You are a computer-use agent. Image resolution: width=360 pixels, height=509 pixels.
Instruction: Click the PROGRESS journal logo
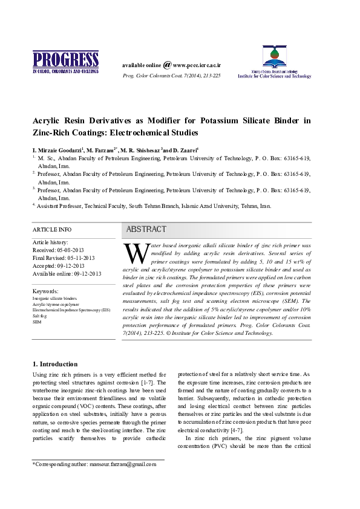tap(65, 62)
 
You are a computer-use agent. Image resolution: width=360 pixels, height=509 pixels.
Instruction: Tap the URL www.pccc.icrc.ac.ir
tap(197, 65)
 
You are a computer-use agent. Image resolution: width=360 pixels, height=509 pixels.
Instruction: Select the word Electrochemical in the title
tap(142, 131)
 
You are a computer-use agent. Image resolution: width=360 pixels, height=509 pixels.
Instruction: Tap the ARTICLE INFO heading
tap(51, 230)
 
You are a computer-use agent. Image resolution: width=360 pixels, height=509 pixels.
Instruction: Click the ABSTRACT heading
tap(146, 230)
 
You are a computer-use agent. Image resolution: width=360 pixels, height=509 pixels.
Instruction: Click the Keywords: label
tap(45, 291)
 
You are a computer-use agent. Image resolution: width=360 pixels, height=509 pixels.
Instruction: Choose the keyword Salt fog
tap(39, 316)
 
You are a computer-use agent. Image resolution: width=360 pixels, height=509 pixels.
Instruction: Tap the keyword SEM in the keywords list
tap(36, 322)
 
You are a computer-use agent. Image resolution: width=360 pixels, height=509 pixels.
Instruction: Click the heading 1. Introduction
tap(54, 364)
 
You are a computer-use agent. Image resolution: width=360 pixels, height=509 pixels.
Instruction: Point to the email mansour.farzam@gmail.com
tap(123, 464)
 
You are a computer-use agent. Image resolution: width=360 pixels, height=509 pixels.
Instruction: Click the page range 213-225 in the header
tap(211, 76)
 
